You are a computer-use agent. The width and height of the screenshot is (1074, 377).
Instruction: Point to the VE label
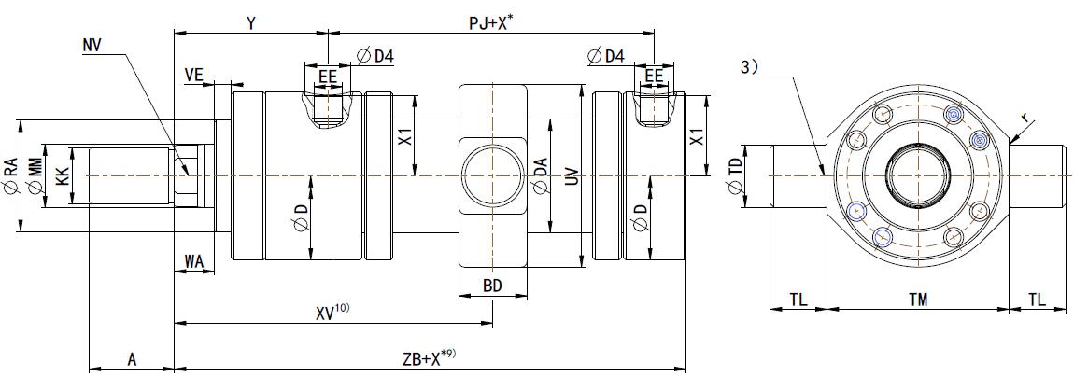194,74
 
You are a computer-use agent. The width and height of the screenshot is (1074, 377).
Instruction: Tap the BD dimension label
493,286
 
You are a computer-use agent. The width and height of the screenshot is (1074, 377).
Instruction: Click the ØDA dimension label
539,176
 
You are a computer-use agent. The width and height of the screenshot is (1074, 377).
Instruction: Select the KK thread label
64,175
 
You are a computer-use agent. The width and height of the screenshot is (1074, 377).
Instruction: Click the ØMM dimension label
37,176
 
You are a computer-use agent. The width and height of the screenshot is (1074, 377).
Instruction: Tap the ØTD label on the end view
737,176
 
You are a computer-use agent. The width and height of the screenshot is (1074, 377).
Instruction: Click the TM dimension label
919,300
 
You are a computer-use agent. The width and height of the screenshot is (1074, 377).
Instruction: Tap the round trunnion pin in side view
493,175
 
